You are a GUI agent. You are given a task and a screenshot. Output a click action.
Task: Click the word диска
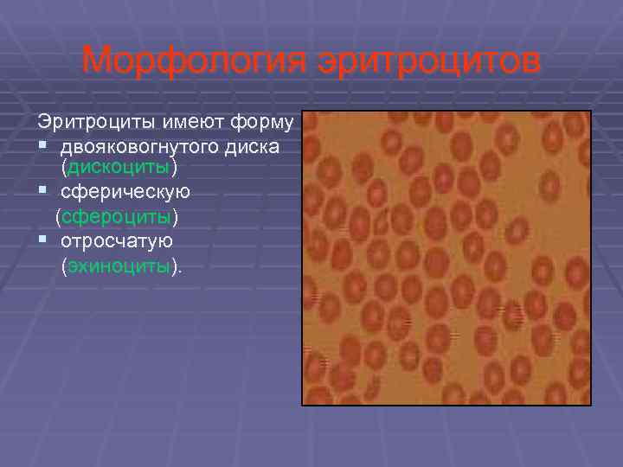pyautogui.click(x=256, y=145)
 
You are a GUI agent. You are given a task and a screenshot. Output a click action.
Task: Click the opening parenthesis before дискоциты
pyautogui.click(x=64, y=165)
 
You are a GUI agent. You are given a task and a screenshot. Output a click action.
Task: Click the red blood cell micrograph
pyautogui.click(x=446, y=258)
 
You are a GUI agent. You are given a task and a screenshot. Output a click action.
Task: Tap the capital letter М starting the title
pyautogui.click(x=95, y=61)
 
